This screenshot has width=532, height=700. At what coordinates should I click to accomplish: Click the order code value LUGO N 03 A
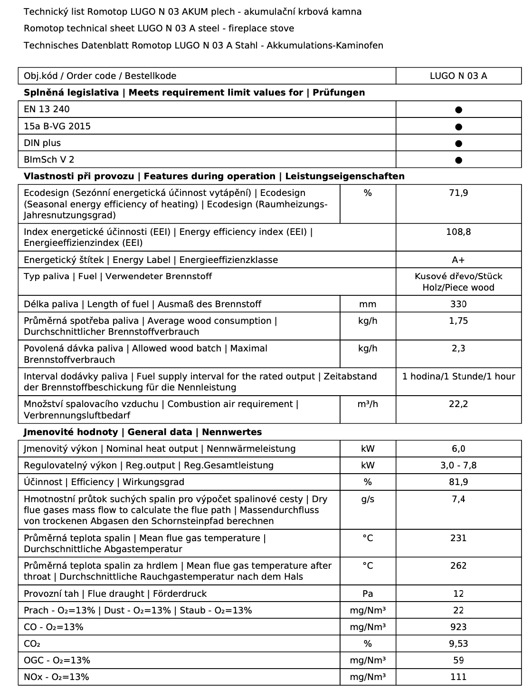(458, 76)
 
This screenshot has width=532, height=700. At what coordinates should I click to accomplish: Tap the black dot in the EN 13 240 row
(458, 110)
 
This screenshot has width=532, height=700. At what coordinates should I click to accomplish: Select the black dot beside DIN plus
(458, 143)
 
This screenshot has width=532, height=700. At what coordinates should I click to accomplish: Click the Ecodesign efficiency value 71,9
(458, 193)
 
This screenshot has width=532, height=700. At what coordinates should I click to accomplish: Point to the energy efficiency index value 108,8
(458, 232)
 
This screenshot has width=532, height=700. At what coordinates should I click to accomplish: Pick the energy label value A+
(458, 260)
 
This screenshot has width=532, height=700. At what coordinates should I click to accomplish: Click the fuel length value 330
(458, 304)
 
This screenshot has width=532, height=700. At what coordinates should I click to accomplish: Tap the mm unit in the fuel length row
(368, 304)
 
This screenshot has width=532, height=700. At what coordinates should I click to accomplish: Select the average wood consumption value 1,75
(458, 321)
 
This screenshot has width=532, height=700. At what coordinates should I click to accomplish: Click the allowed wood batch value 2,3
(458, 349)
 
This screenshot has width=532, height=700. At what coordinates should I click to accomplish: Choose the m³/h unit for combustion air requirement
(368, 404)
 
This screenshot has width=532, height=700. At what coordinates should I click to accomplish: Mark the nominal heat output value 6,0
(458, 449)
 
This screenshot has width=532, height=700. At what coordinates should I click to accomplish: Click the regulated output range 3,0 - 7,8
(458, 466)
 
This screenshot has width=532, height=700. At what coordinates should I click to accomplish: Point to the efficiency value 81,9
(458, 482)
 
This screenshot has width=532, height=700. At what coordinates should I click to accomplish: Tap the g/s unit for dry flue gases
(368, 499)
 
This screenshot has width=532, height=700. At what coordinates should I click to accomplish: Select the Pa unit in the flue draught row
(368, 594)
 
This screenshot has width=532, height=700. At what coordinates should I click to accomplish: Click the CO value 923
(458, 627)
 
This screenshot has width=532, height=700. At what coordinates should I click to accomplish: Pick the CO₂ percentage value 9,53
(458, 644)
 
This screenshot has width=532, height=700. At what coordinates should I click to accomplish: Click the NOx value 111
(458, 677)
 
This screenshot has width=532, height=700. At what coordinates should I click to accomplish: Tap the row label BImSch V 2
(49, 160)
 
